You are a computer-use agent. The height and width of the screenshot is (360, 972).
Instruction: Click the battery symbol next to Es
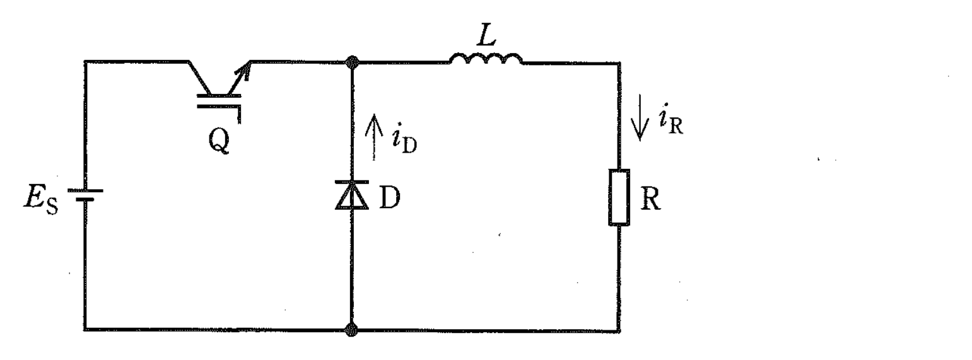tap(85, 195)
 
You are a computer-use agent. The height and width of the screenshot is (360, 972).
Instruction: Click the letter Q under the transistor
tap(219, 141)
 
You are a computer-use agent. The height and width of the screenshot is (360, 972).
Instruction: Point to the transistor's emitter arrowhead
tap(245, 69)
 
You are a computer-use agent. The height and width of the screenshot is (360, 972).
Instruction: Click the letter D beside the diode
tap(390, 197)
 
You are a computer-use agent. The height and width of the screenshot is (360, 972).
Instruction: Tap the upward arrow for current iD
tap(373, 137)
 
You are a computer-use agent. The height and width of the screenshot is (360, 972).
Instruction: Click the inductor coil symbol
tap(486, 59)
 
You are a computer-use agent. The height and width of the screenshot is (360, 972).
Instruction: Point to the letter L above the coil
tap(486, 35)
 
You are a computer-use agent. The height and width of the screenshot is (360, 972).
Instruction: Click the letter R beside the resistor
tap(650, 199)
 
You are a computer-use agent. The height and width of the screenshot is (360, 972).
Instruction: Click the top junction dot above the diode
tap(352, 62)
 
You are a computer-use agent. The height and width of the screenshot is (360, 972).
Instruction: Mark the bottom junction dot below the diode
tap(352, 330)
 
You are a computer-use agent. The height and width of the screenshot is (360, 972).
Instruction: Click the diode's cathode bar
tap(352, 182)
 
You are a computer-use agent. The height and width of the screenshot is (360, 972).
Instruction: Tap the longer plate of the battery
tap(85, 190)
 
